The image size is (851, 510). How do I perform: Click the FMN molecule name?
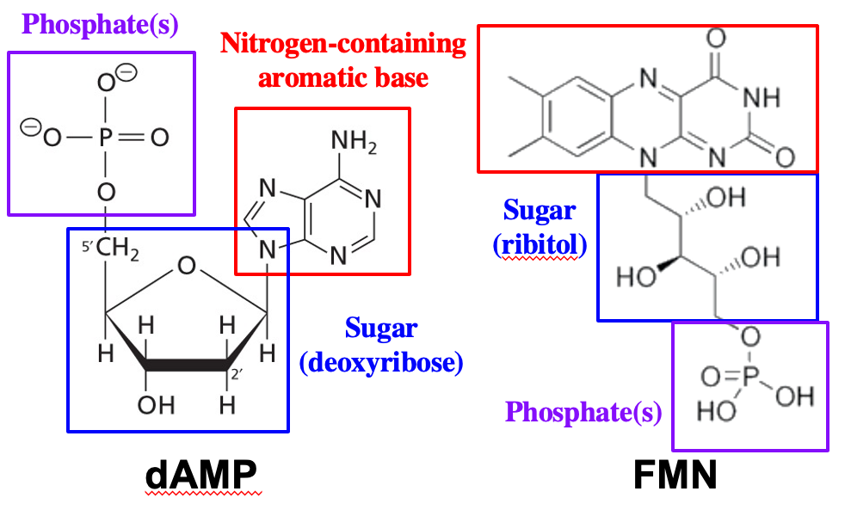pyautogui.click(x=675, y=476)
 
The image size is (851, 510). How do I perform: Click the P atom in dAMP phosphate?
pyautogui.click(x=106, y=138)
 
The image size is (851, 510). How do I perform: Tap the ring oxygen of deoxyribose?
pyautogui.click(x=186, y=267)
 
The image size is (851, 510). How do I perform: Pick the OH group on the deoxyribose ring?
pyautogui.click(x=157, y=404)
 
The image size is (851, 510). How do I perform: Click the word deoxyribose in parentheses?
pyautogui.click(x=381, y=363)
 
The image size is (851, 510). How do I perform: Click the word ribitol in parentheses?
pyautogui.click(x=540, y=245)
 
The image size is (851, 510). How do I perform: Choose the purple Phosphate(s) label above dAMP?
pyautogui.click(x=101, y=23)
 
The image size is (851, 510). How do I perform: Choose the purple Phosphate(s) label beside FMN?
pyautogui.click(x=583, y=413)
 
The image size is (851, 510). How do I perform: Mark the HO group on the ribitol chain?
pyautogui.click(x=635, y=277)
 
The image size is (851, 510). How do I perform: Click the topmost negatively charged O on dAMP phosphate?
pyautogui.click(x=107, y=83)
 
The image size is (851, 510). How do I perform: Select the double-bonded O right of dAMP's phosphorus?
pyautogui.click(x=160, y=138)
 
